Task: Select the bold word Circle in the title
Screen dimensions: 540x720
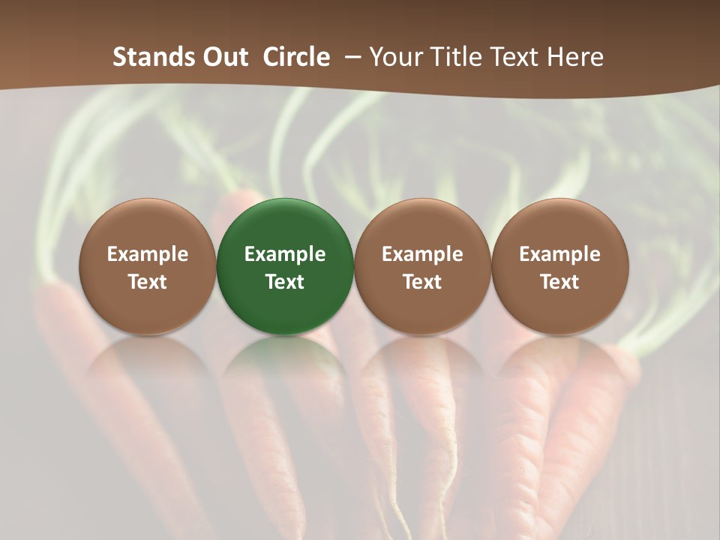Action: pyautogui.click(x=296, y=57)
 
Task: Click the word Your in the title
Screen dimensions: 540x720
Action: pyautogui.click(x=394, y=57)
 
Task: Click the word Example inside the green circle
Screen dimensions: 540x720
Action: pyautogui.click(x=285, y=254)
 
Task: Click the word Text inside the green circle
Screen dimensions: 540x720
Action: pyautogui.click(x=285, y=282)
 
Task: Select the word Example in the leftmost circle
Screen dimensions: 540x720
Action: pyautogui.click(x=148, y=254)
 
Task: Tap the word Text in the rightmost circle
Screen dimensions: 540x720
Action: pyautogui.click(x=560, y=282)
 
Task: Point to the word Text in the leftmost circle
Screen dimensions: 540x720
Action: pyautogui.click(x=148, y=282)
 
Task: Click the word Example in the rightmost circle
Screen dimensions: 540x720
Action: pyautogui.click(x=560, y=254)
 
